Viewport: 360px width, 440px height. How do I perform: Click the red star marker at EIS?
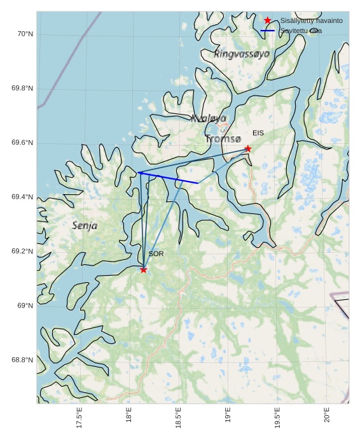[248, 148]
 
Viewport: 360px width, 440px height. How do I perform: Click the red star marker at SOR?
[144, 269]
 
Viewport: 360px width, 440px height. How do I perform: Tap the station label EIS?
[258, 133]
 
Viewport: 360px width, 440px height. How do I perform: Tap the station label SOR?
[156, 254]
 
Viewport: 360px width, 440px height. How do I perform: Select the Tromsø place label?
[223, 138]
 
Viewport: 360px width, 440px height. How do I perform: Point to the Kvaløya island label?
[209, 118]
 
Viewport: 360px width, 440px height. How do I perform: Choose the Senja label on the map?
[85, 225]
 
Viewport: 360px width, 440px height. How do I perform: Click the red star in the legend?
[267, 20]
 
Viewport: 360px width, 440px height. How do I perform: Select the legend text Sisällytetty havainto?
[311, 21]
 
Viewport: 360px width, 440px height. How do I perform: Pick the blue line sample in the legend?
[267, 31]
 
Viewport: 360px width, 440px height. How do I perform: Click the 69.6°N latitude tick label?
[22, 143]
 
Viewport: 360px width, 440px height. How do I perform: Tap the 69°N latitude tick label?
[25, 306]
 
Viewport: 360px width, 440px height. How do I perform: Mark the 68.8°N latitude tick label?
[22, 360]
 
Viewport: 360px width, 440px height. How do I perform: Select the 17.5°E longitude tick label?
[80, 418]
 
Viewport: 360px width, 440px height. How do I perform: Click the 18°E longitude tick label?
[129, 415]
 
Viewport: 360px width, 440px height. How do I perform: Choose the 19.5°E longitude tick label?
[277, 418]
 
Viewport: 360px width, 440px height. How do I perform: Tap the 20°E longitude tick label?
[327, 415]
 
